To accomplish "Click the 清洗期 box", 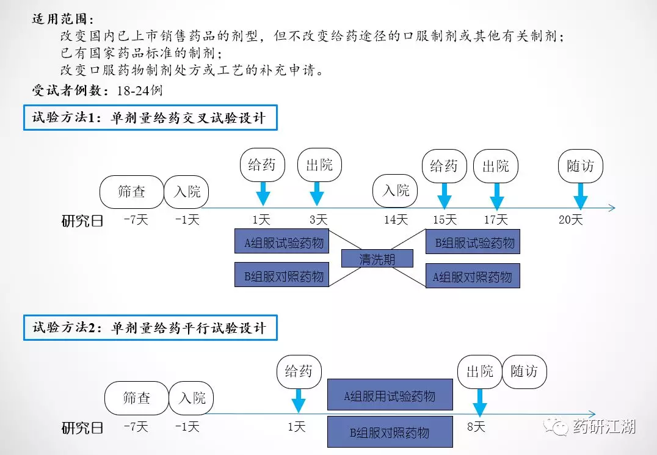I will pyautogui.click(x=377, y=259).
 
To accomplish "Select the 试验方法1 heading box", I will pyautogui.click(x=150, y=118).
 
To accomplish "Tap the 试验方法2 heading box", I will pyautogui.click(x=150, y=328).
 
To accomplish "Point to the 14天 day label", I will pyautogui.click(x=396, y=220).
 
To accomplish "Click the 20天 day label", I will pyautogui.click(x=571, y=220).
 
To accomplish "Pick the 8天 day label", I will pyautogui.click(x=476, y=427).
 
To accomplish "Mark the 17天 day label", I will pyautogui.click(x=495, y=220).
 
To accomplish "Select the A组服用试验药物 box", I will pyautogui.click(x=390, y=395).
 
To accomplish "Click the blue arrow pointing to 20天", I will pyautogui.click(x=580, y=195).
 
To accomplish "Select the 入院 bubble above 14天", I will pyautogui.click(x=396, y=191).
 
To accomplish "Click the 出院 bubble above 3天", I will pyautogui.click(x=319, y=165).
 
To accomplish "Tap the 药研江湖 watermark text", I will pyautogui.click(x=604, y=426).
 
